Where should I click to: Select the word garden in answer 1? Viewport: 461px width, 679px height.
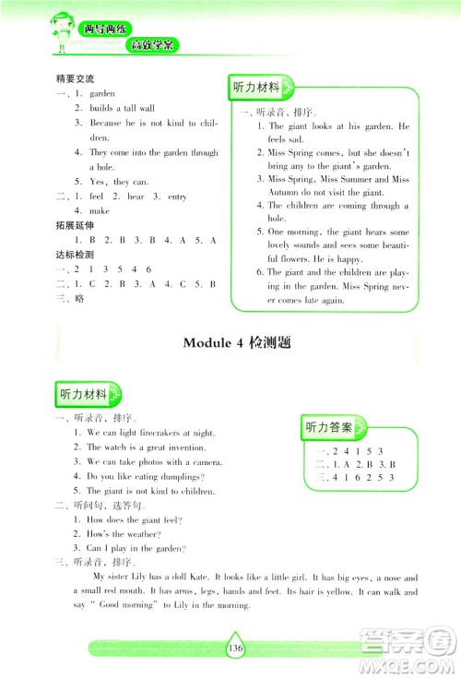[101, 94]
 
